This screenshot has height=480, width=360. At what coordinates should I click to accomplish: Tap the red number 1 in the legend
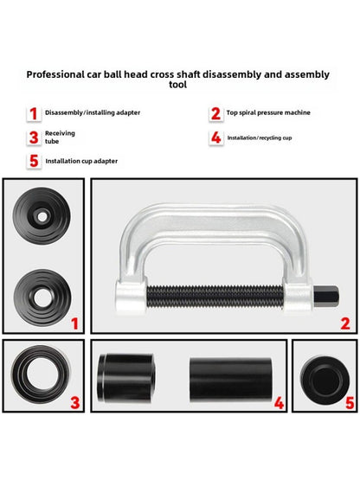34,113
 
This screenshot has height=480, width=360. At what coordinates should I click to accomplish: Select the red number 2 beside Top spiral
215,113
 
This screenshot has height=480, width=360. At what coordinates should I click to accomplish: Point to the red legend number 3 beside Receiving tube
34,137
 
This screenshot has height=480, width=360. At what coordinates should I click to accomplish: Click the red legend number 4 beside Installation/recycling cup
215,137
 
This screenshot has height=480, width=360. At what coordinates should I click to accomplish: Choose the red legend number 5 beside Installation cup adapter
34,160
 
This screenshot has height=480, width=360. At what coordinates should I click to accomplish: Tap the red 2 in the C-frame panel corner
344,323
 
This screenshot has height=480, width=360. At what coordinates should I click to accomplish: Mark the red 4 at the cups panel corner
279,402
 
